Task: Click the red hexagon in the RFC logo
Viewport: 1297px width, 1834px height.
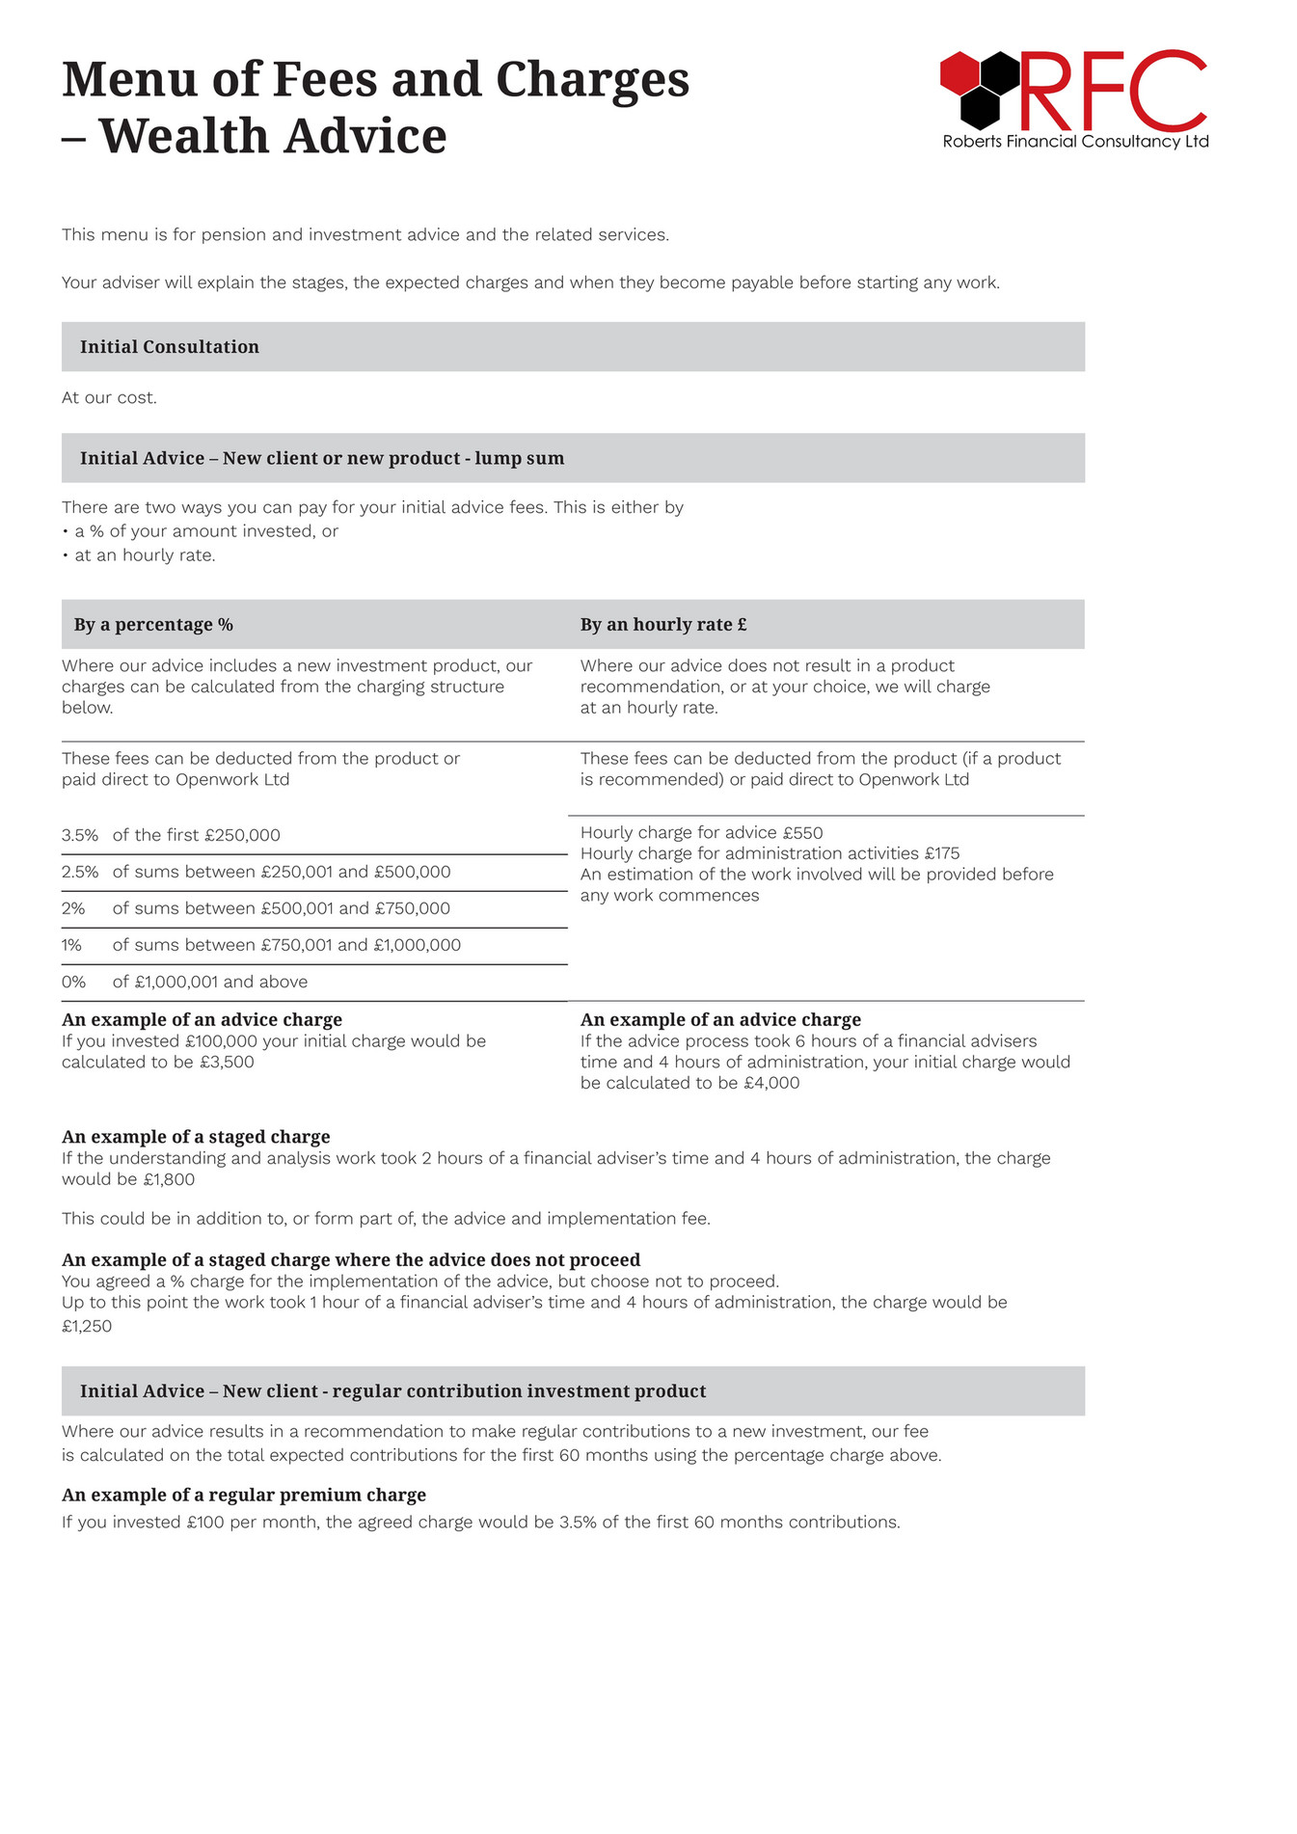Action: pos(959,73)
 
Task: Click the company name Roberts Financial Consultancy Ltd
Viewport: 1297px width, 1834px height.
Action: pos(1075,142)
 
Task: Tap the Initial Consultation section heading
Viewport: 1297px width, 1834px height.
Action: pos(170,347)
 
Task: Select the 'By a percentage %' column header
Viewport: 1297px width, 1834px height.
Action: pos(153,625)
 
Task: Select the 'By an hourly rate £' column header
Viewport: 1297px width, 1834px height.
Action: pos(663,625)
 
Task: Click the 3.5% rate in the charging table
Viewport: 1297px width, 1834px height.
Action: pos(79,836)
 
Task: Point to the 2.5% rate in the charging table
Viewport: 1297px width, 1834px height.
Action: pos(80,873)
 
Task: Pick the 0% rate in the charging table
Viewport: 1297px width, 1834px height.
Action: pos(73,983)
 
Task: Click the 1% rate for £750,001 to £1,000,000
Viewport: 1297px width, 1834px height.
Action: pos(71,946)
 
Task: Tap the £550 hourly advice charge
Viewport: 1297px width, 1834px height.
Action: pos(802,833)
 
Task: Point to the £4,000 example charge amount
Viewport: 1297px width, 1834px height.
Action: pos(771,1084)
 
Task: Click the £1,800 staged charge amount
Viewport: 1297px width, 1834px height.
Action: pos(169,1180)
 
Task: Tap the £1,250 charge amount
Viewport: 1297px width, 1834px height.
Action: pos(87,1327)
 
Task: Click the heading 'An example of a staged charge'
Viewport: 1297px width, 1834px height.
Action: pos(196,1138)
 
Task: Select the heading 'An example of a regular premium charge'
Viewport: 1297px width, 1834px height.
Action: pos(244,1496)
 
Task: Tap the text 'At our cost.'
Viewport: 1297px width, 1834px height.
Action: pos(109,398)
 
